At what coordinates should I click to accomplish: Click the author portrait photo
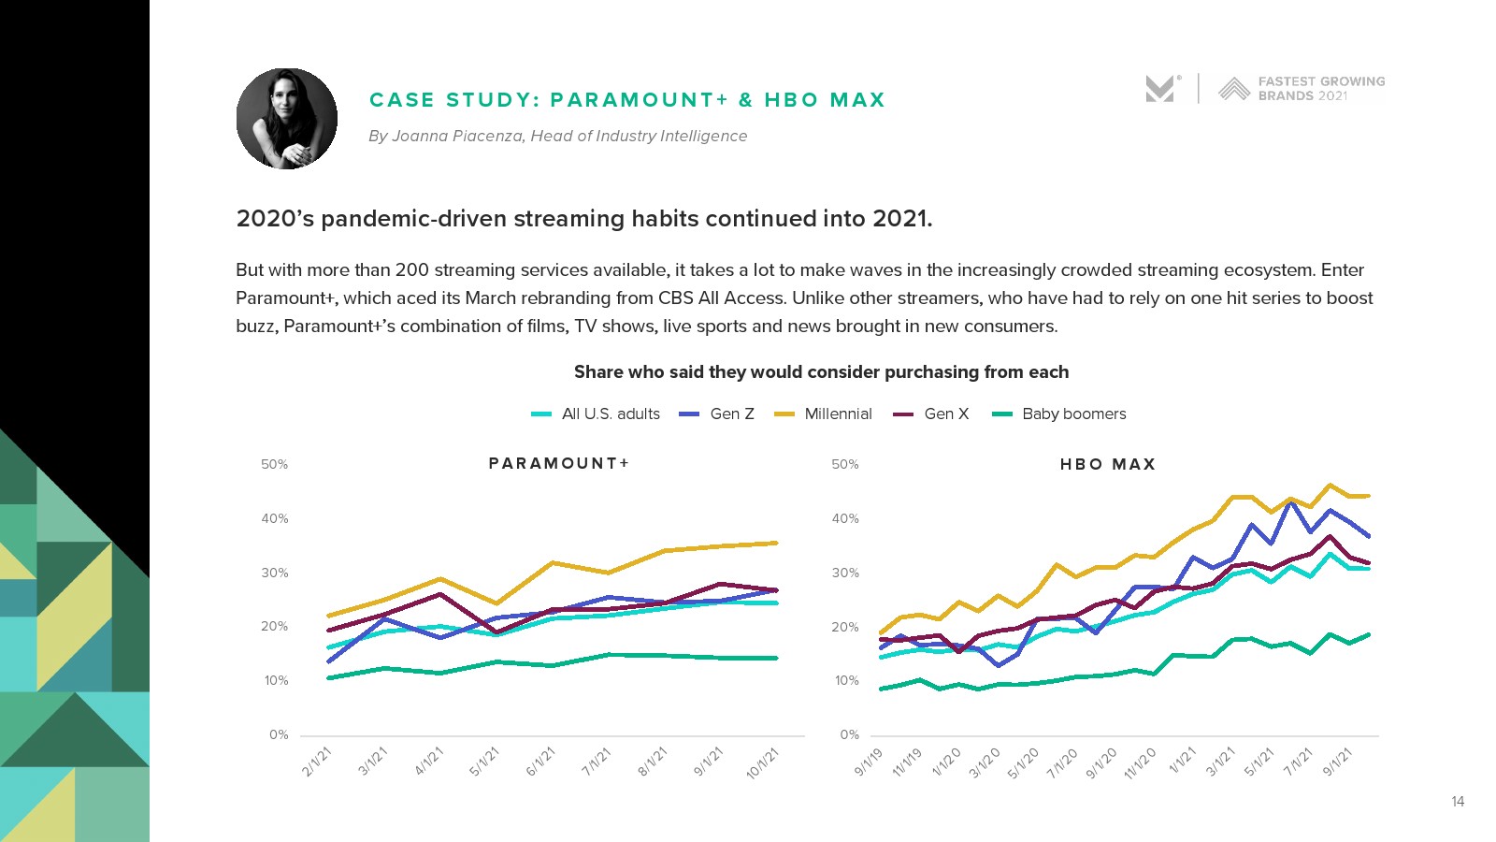[x=287, y=119]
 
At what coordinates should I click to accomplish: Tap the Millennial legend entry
[x=824, y=414]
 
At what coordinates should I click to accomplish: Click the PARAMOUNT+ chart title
[x=559, y=463]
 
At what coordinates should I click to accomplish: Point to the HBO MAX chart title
[x=1108, y=464]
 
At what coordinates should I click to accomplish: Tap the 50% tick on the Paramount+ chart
[x=274, y=464]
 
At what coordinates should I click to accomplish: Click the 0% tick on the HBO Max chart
[x=849, y=734]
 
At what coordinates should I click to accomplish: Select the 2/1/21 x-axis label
[x=318, y=762]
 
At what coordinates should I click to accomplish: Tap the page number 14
[x=1458, y=801]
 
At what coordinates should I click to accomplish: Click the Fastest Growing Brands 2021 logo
[x=1302, y=89]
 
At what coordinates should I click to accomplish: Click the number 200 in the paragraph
[x=411, y=269]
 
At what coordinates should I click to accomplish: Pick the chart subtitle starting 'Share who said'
[x=821, y=371]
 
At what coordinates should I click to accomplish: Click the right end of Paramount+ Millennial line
[x=776, y=543]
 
